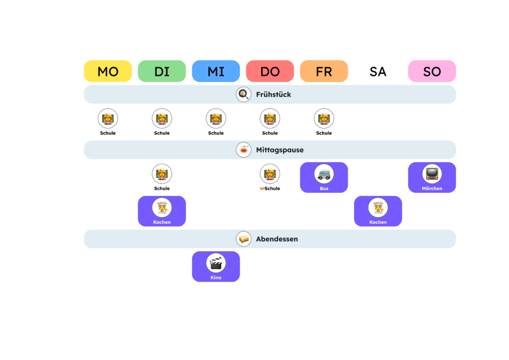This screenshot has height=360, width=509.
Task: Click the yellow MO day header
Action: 108,71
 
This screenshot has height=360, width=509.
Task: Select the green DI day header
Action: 162,71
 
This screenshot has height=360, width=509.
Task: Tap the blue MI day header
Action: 216,71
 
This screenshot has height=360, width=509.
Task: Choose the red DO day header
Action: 270,71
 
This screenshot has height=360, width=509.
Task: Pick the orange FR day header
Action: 324,71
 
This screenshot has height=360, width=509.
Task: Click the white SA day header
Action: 378,71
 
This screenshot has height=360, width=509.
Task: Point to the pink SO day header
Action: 432,71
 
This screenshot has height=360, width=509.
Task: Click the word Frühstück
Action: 273,95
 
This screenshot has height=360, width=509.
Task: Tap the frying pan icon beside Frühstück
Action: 244,94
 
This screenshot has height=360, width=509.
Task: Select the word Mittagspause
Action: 279,150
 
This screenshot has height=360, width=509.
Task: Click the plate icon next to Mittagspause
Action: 244,150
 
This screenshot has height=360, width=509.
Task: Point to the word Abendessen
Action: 277,239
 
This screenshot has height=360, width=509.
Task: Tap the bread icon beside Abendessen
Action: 244,239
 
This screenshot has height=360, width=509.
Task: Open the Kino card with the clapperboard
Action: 216,267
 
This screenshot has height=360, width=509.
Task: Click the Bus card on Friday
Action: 324,178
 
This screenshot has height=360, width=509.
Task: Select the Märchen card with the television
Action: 432,178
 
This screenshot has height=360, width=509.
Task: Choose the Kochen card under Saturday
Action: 378,211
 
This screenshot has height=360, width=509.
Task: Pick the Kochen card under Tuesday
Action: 162,211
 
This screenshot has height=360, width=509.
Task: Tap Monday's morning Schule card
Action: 108,122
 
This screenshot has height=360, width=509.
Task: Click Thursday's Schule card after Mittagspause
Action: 270,178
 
